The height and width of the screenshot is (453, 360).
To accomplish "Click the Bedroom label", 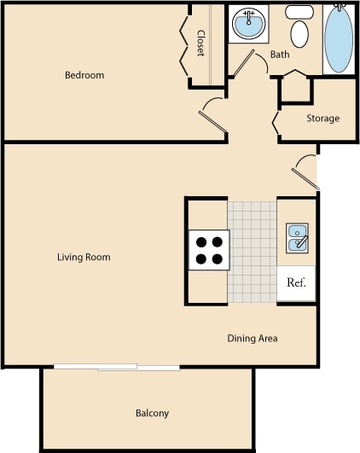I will (x=84, y=75).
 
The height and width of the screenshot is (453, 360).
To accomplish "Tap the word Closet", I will (x=200, y=44).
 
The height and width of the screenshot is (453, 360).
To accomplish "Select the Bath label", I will (x=280, y=55).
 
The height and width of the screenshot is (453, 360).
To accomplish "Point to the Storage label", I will (x=322, y=119).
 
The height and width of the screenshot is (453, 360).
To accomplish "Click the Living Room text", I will (x=84, y=257).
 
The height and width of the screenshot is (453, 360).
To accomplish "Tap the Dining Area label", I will (x=253, y=339).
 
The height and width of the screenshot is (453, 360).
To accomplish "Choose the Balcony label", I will (x=152, y=414).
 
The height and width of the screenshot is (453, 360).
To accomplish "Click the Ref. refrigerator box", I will (x=296, y=282).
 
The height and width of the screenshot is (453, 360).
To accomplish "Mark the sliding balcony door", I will (x=117, y=368).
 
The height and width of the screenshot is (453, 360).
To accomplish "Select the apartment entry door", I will (x=304, y=174).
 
